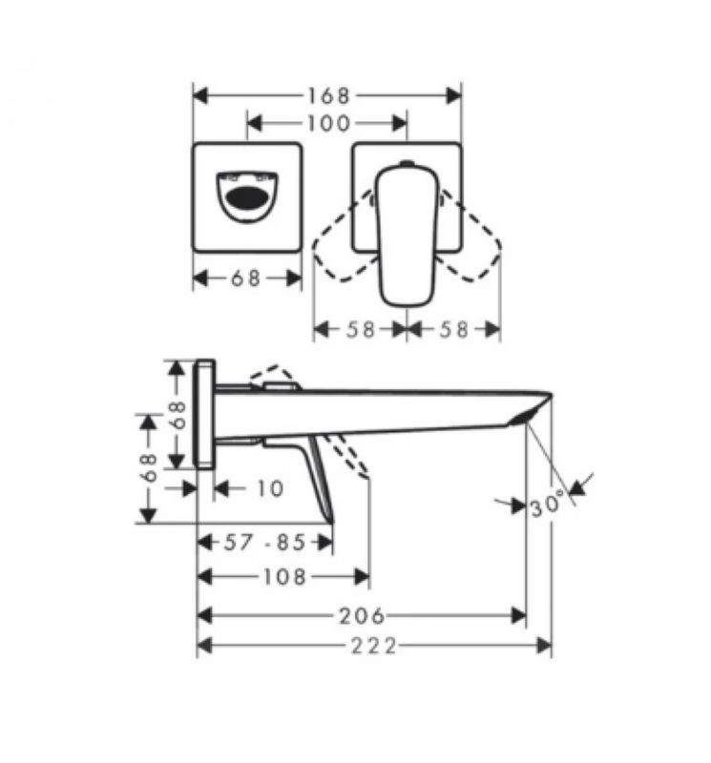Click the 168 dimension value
(327, 96)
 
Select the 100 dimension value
(327, 123)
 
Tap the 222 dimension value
(373, 647)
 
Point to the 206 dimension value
(362, 616)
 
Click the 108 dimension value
(285, 577)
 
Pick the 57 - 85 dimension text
(264, 542)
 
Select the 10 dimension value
(270, 488)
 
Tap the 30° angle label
(548, 504)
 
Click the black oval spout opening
(247, 198)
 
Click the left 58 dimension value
(360, 330)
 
